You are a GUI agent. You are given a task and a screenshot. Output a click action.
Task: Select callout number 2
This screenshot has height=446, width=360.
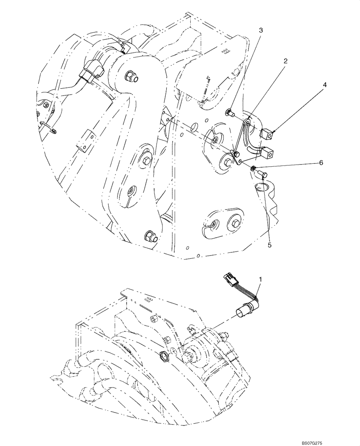(283, 60)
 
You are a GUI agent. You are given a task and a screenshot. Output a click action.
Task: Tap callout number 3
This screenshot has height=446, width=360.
(261, 30)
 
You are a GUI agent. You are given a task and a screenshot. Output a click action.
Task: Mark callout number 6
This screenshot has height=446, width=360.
(320, 163)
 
